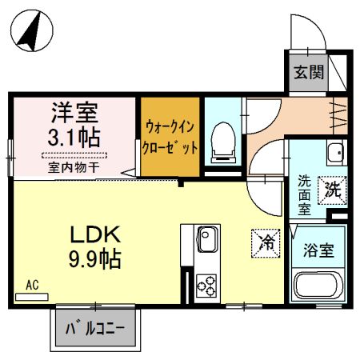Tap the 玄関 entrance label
307,74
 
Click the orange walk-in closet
170,137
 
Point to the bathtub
317,285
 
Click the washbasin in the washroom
334,151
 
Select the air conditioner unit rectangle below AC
32,295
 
